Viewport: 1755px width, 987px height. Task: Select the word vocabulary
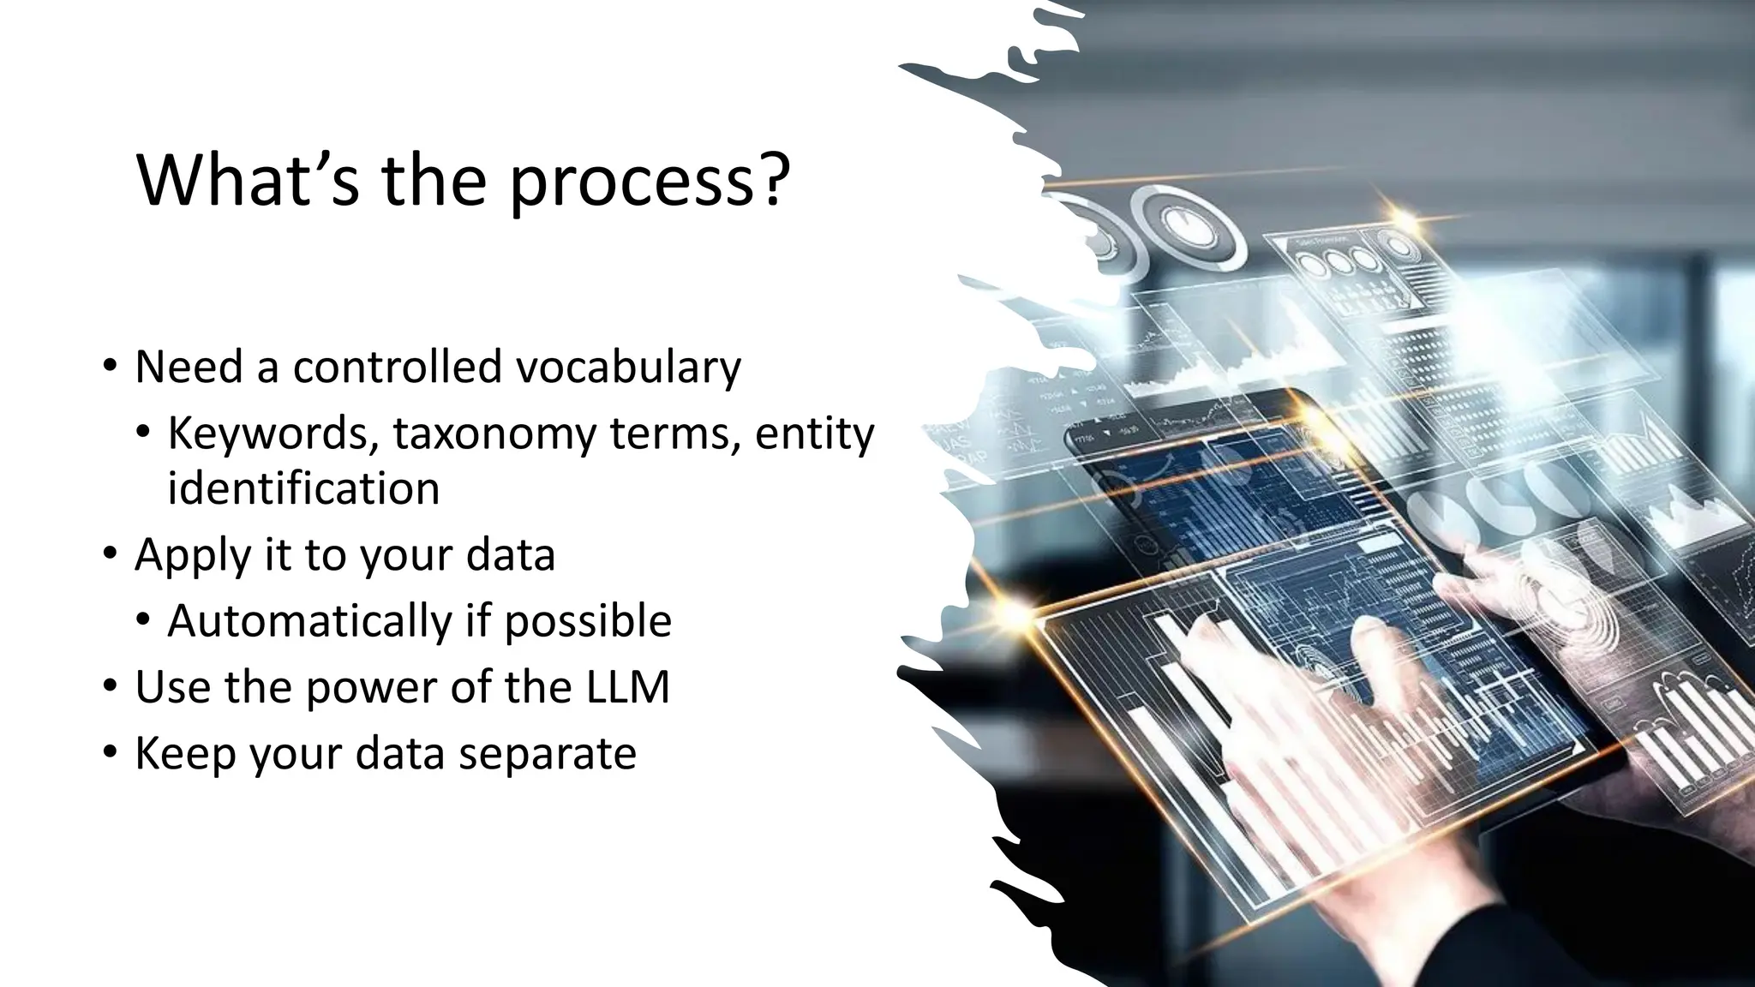pyautogui.click(x=628, y=368)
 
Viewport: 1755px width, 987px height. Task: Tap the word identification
pyautogui.click(x=303, y=488)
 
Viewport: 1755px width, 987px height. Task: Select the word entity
pyautogui.click(x=814, y=434)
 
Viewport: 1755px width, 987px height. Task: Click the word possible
pyautogui.click(x=588, y=621)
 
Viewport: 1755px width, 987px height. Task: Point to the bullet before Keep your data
pyautogui.click(x=110, y=752)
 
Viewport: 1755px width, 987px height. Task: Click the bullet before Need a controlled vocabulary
pyautogui.click(x=110, y=366)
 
